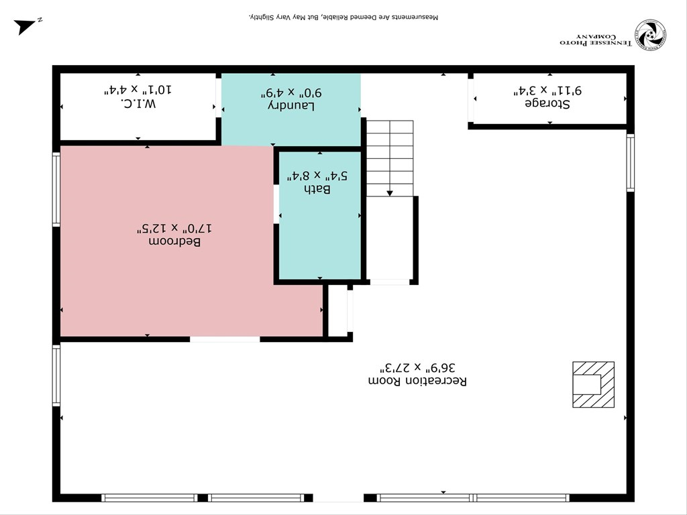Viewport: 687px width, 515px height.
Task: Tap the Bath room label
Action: [x=319, y=189]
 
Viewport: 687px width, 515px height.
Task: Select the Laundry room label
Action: [x=291, y=105]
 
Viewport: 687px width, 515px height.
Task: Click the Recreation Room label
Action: [x=417, y=380]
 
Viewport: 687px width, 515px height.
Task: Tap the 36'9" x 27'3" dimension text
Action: [x=417, y=367]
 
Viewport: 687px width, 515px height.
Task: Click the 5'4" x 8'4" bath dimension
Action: [x=319, y=176]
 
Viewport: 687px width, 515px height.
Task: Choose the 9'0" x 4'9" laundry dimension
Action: [x=291, y=93]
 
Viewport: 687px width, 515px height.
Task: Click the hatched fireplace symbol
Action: [x=593, y=384]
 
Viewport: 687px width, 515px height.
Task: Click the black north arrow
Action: [x=25, y=26]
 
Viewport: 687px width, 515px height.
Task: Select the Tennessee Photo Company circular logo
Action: [x=650, y=36]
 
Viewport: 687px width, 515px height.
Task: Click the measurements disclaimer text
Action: [x=343, y=15]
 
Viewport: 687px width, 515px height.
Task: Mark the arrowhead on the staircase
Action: [x=390, y=193]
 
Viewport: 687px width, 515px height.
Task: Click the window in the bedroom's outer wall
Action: [x=56, y=189]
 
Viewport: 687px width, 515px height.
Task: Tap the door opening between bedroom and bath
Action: [x=276, y=204]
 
